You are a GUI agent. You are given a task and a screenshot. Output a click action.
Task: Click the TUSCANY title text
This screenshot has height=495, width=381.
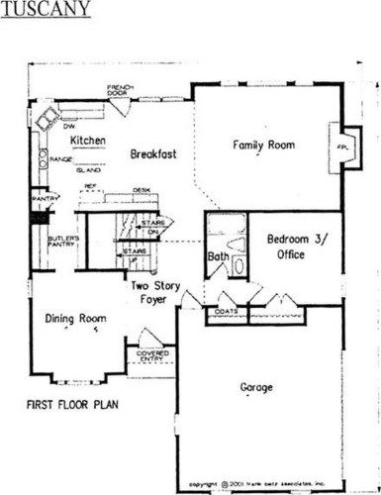(47, 11)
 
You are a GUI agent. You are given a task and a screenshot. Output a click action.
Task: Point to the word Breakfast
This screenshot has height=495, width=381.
(152, 155)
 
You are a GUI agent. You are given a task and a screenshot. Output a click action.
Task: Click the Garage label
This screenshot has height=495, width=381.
(257, 386)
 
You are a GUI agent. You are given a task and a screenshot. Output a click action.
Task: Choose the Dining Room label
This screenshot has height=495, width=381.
(76, 318)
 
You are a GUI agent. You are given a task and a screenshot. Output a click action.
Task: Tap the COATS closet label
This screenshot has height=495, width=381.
(226, 310)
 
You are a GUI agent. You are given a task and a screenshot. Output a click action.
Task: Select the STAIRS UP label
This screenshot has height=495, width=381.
(135, 255)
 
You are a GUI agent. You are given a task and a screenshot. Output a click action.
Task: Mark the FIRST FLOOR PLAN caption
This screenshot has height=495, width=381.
(68, 406)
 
